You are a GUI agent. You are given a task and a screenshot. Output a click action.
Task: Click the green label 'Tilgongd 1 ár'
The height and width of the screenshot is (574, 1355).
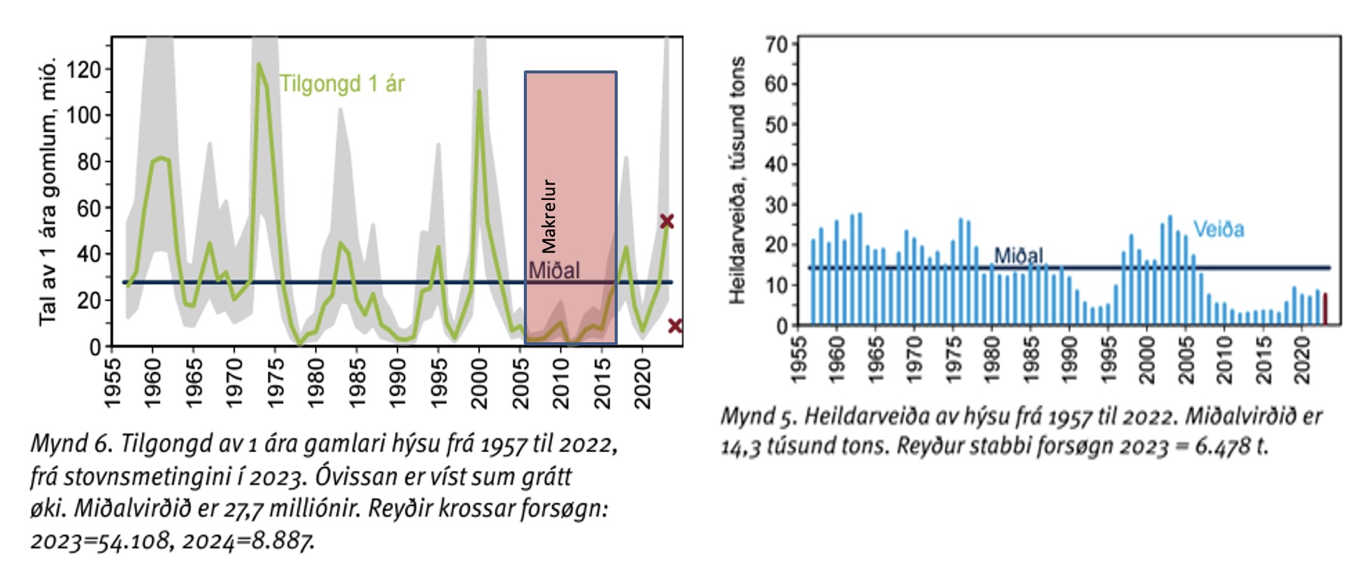point(342,83)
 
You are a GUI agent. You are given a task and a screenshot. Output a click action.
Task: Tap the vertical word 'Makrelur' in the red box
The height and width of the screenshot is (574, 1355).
point(549,217)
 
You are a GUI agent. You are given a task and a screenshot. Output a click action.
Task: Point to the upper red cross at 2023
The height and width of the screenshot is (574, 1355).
point(666,221)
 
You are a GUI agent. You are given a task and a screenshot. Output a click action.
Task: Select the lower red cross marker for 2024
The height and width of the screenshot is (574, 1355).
point(675,326)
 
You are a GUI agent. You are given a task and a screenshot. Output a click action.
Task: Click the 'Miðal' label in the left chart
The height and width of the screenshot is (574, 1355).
point(554,270)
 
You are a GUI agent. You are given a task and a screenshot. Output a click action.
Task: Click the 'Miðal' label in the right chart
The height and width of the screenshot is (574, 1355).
point(1018,256)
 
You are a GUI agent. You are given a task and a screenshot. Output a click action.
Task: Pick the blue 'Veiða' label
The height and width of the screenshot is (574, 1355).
point(1219,229)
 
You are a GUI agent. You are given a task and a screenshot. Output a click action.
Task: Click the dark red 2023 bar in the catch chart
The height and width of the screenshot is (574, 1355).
point(1325,308)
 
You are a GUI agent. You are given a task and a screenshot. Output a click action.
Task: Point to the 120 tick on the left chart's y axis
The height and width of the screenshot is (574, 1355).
point(83,70)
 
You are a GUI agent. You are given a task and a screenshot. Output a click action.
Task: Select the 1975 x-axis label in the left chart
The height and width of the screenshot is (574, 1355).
point(276,383)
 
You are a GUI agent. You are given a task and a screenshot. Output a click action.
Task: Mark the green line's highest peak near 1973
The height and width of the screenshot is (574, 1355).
point(259,65)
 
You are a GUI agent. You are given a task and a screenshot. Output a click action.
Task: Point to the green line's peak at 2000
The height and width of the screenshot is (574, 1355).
point(479,92)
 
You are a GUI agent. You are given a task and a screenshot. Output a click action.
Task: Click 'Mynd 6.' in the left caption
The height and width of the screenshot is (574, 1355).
point(71,443)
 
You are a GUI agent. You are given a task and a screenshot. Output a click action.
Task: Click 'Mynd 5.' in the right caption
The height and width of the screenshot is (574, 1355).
point(760,416)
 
